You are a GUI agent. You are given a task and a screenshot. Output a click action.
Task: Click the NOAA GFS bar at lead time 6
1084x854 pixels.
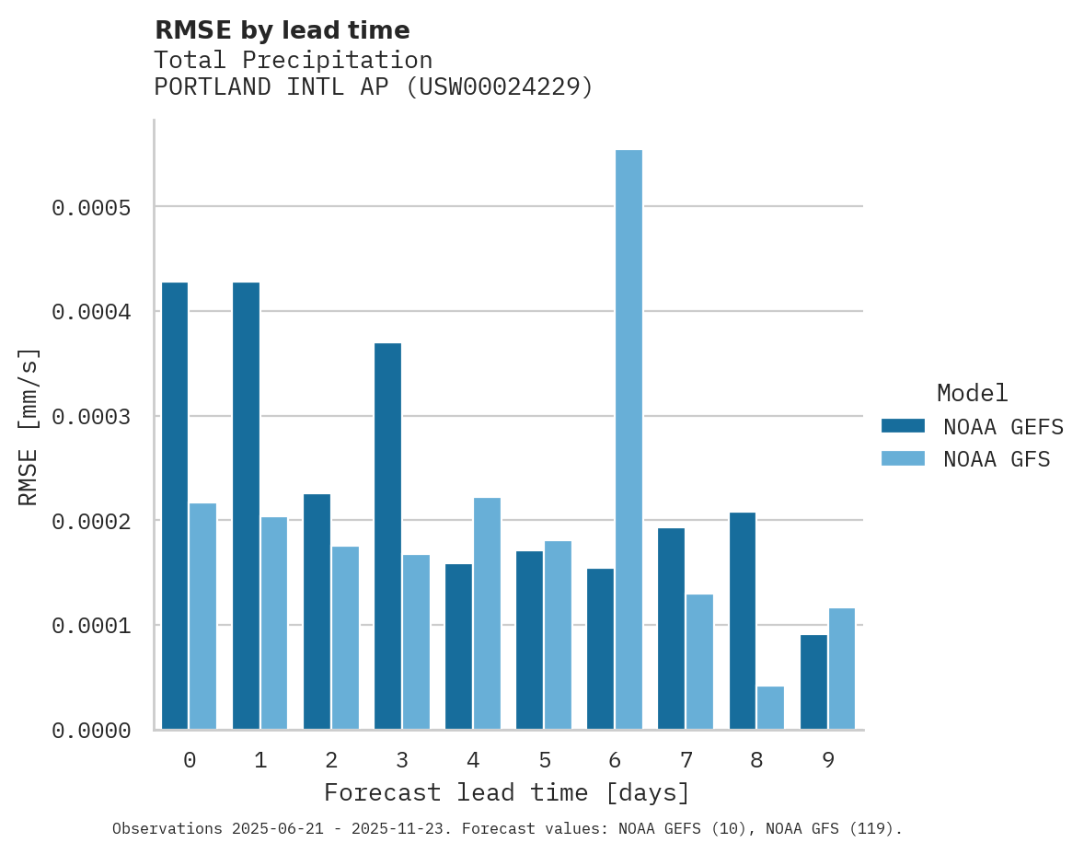click(x=628, y=439)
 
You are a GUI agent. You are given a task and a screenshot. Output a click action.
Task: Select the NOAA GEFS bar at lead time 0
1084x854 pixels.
click(x=175, y=505)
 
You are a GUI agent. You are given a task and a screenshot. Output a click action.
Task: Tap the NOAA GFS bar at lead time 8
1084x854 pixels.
click(x=770, y=708)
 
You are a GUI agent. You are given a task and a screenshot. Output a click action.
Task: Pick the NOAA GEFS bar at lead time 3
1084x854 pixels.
click(x=387, y=536)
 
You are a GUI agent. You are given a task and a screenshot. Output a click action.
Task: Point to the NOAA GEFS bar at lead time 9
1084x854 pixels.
click(x=813, y=682)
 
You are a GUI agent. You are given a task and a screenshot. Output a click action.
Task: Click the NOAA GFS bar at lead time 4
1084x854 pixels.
click(x=487, y=613)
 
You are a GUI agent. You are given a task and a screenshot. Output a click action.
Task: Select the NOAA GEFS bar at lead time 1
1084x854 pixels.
click(x=246, y=505)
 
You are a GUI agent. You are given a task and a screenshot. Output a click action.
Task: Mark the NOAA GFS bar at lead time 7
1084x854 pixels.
click(x=699, y=662)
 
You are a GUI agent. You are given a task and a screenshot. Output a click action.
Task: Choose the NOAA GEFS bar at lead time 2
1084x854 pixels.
click(x=317, y=611)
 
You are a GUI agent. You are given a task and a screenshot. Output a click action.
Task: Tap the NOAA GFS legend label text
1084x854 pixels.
click(x=997, y=458)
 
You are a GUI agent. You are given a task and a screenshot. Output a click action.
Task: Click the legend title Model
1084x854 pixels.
click(x=973, y=393)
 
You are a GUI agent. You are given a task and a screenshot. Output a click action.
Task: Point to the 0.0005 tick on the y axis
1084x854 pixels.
click(x=91, y=208)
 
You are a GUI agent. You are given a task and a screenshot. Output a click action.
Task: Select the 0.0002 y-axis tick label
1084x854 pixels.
click(x=91, y=522)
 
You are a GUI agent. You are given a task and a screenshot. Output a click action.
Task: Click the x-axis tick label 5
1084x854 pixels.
click(x=545, y=760)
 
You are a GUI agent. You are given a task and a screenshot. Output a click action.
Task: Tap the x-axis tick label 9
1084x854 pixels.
click(x=828, y=760)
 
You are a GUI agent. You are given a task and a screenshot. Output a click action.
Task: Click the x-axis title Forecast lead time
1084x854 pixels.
click(x=507, y=792)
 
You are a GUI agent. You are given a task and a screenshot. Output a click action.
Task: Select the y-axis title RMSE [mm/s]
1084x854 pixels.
click(x=29, y=426)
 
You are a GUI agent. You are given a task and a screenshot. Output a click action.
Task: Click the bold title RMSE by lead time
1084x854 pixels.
click(x=282, y=30)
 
